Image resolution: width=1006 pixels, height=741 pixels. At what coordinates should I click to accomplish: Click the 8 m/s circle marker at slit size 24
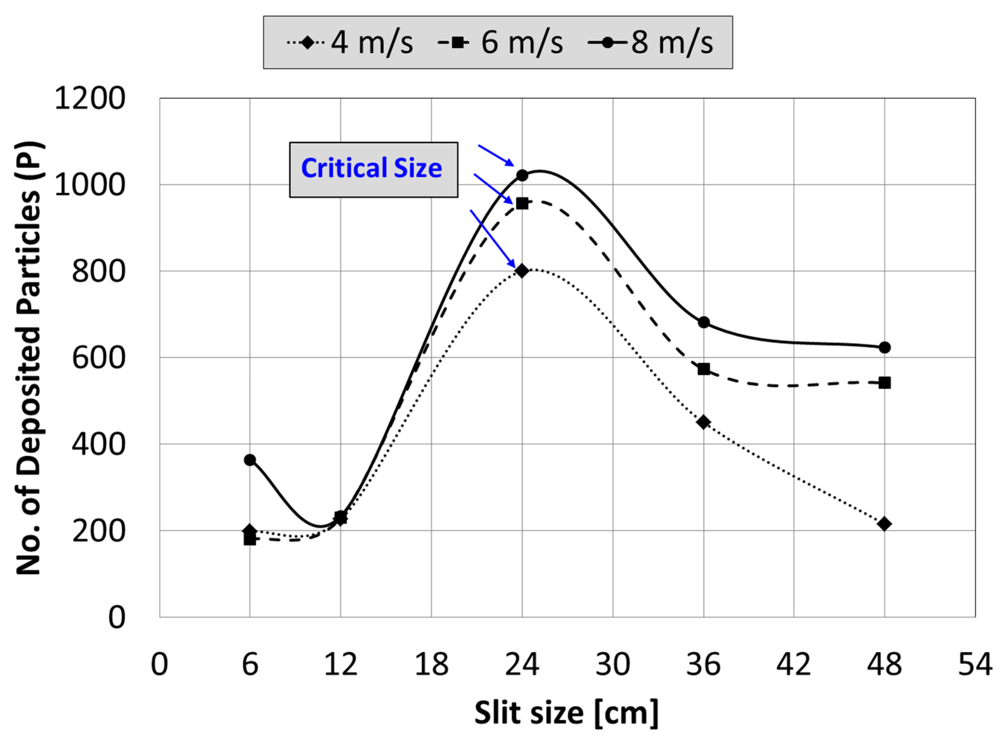pyautogui.click(x=522, y=175)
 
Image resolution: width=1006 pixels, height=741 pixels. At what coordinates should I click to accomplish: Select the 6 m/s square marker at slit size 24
pyautogui.click(x=522, y=204)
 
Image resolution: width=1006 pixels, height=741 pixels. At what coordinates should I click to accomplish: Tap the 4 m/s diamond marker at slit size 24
pyautogui.click(x=521, y=271)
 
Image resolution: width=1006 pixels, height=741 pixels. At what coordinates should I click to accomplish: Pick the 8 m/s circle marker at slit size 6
pyautogui.click(x=250, y=460)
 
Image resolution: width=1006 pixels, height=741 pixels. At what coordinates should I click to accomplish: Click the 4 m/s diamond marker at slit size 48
pyautogui.click(x=884, y=524)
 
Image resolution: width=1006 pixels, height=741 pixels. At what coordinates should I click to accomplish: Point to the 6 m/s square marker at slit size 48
pyautogui.click(x=884, y=383)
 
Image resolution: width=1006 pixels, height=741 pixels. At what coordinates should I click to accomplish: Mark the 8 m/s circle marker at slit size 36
pyautogui.click(x=703, y=322)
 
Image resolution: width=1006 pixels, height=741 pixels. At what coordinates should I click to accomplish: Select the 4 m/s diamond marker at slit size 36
pyautogui.click(x=703, y=422)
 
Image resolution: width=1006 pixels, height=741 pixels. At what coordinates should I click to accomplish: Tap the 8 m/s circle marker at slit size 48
pyautogui.click(x=884, y=347)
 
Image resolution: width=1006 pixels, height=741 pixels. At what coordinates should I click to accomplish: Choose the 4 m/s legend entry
pyautogui.click(x=350, y=43)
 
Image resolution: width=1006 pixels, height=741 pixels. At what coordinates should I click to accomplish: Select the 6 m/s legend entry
pyautogui.click(x=500, y=43)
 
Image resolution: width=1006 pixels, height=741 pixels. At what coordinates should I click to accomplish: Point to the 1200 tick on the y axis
pyautogui.click(x=90, y=98)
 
